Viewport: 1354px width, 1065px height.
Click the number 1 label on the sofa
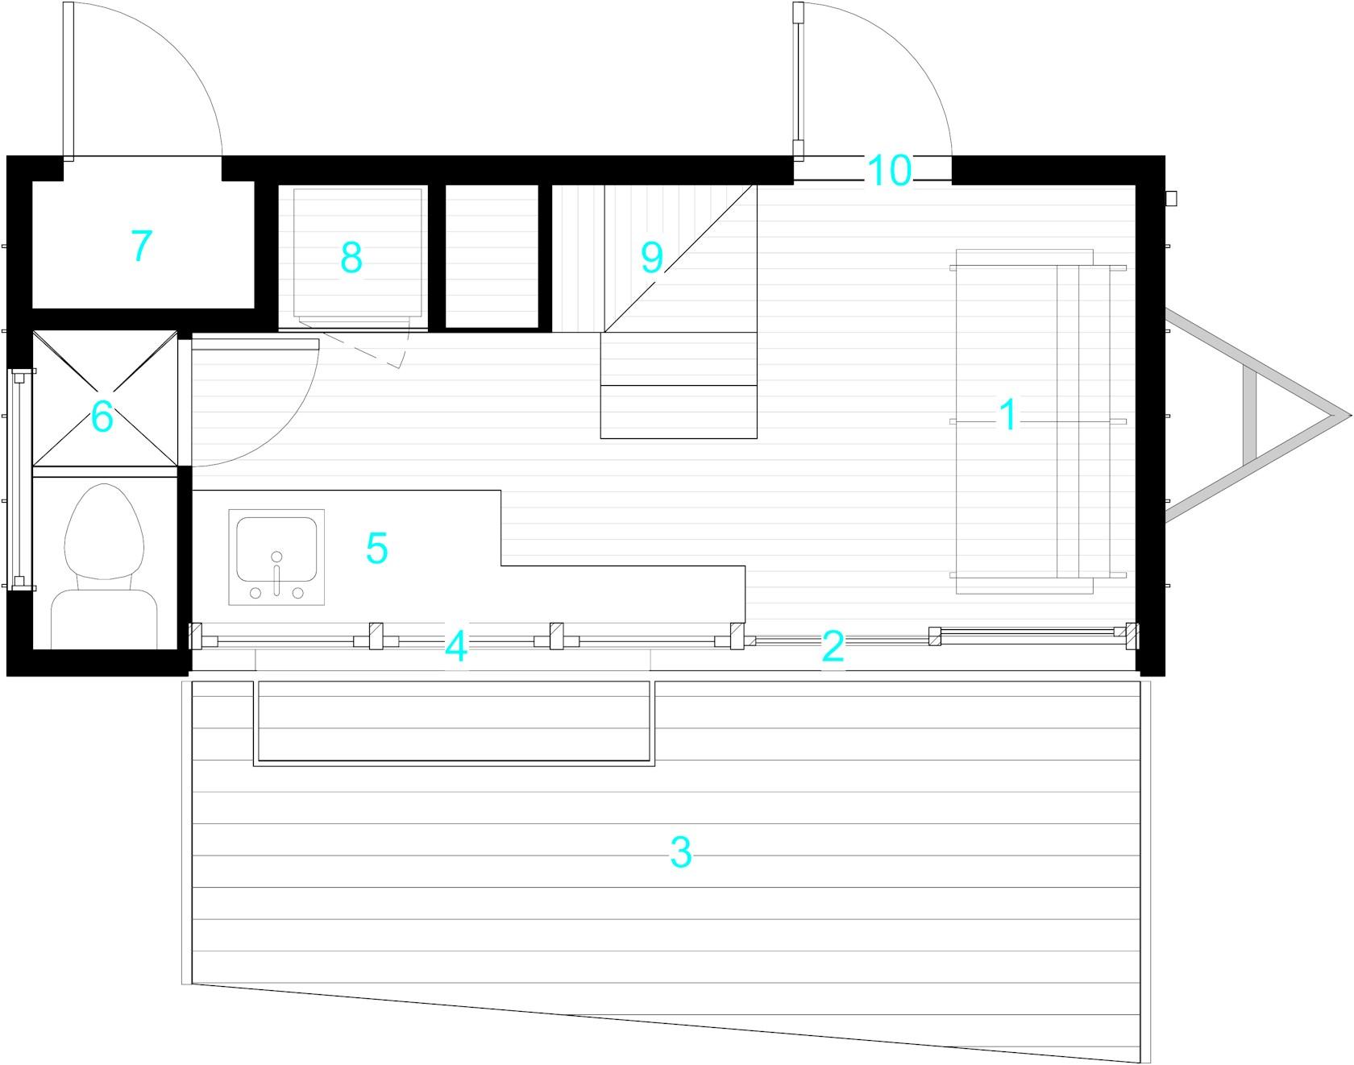coord(1007,416)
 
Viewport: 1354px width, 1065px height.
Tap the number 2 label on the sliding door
coord(833,646)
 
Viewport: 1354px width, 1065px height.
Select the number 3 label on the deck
coord(681,853)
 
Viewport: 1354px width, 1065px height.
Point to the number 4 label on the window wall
coord(456,647)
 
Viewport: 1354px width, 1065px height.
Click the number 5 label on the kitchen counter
coord(376,549)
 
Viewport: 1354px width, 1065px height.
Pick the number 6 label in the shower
coord(102,416)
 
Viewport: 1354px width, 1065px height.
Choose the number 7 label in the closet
coord(141,246)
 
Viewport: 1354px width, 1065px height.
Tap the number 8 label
coord(351,258)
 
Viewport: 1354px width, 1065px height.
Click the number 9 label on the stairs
coord(651,257)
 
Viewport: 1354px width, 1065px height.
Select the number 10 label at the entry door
coord(890,171)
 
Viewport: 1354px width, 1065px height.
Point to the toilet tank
coord(103,619)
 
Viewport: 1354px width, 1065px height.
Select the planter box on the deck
coord(453,723)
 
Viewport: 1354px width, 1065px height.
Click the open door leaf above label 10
coord(798,81)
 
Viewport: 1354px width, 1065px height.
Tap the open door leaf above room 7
coord(69,81)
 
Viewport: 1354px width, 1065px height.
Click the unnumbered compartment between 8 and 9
coord(492,256)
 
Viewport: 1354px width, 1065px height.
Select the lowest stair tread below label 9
coord(679,412)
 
